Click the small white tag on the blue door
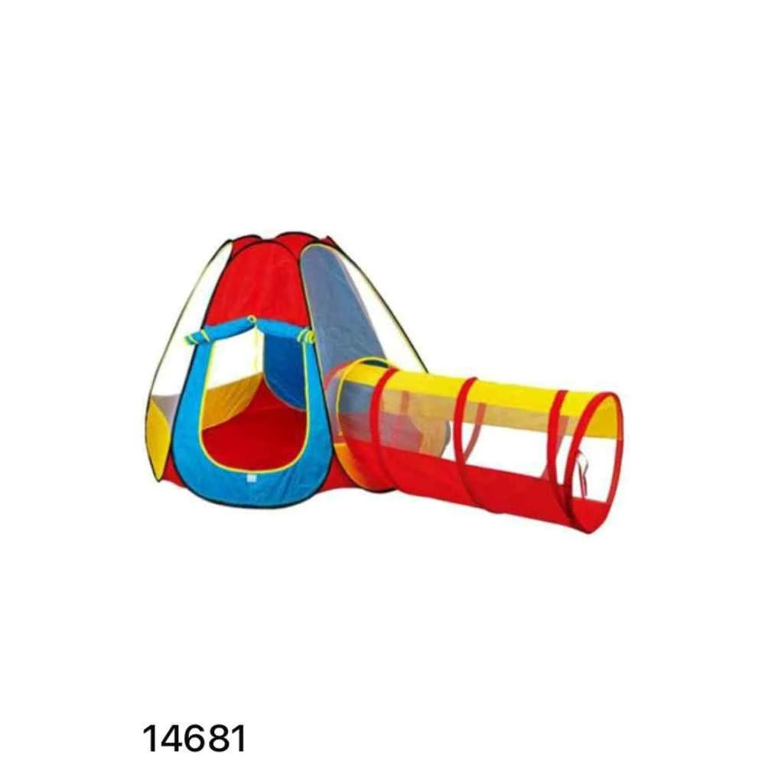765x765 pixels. (x=251, y=478)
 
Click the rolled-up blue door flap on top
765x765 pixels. (x=250, y=328)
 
